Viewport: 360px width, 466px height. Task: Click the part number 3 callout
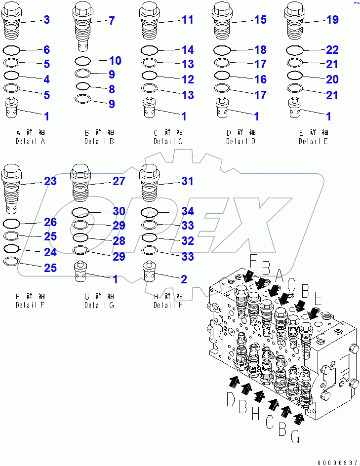[x=46, y=20]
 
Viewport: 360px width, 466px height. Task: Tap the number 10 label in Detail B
[x=115, y=61]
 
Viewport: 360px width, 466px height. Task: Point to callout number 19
[x=332, y=20]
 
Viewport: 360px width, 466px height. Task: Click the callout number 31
[x=187, y=181]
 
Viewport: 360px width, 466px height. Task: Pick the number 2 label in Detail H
[x=184, y=279]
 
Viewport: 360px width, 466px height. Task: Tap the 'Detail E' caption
[x=313, y=141]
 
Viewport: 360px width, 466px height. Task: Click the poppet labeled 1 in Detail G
[x=81, y=272]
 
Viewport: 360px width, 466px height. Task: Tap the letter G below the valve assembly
[x=295, y=437]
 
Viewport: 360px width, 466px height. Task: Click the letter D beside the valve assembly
[x=230, y=399]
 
